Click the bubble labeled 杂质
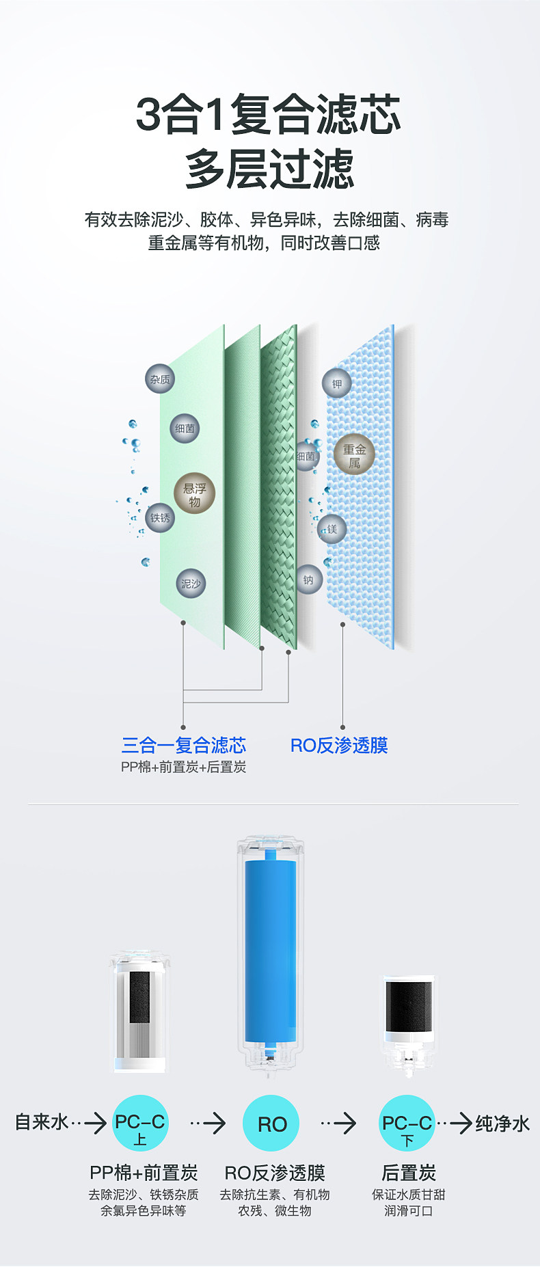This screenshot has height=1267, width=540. point(160,379)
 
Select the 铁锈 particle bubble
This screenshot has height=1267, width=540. point(160,518)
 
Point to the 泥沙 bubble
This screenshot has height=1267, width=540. point(191,584)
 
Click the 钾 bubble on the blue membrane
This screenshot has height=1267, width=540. point(337,384)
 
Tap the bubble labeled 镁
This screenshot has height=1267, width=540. point(332,529)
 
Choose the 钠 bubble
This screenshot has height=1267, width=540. point(308,580)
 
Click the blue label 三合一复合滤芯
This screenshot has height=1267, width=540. point(183,745)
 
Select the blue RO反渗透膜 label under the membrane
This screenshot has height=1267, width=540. point(339,745)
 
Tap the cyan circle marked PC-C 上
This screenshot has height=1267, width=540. point(140,1123)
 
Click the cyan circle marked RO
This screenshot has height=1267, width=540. point(271,1123)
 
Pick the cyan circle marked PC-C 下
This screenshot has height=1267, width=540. point(407,1123)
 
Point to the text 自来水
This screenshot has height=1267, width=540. point(42,1122)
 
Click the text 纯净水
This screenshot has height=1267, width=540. point(502,1123)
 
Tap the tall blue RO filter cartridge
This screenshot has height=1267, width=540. point(271,950)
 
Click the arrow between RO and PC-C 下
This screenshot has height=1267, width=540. point(340,1123)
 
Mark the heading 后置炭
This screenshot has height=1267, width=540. point(408,1173)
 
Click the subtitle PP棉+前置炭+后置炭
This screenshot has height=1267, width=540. point(183,767)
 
